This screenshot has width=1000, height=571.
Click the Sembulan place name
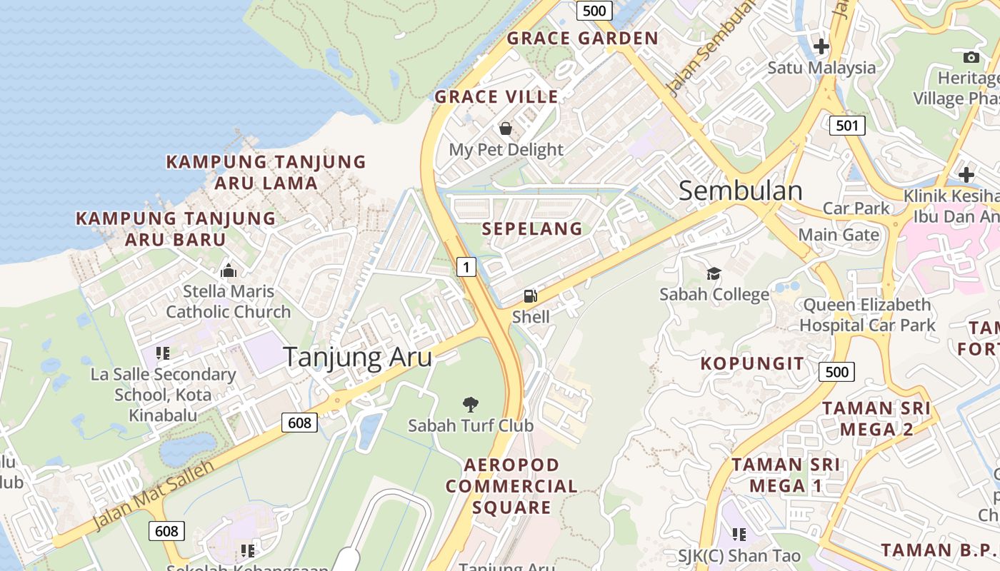pyautogui.click(x=740, y=191)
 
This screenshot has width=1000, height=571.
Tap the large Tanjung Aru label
pyautogui.click(x=358, y=357)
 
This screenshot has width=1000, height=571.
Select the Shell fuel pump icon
pyautogui.click(x=530, y=295)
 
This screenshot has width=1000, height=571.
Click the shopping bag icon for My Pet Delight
pyautogui.click(x=506, y=128)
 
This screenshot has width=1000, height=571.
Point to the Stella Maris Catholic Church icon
pyautogui.click(x=229, y=271)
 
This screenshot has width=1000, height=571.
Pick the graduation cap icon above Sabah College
pyautogui.click(x=714, y=273)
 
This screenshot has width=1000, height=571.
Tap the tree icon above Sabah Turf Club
pyautogui.click(x=470, y=405)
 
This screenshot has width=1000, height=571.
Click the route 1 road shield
pyautogui.click(x=466, y=267)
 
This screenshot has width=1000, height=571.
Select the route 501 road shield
pyautogui.click(x=847, y=126)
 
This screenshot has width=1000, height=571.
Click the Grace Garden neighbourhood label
pyautogui.click(x=582, y=39)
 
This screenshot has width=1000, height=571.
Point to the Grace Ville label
pyautogui.click(x=496, y=97)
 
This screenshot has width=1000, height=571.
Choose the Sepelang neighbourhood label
pyautogui.click(x=532, y=229)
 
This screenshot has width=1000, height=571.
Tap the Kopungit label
pyautogui.click(x=752, y=363)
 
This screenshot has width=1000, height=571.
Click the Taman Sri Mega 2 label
pyautogui.click(x=876, y=419)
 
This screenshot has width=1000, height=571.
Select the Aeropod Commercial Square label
pyautogui.click(x=511, y=486)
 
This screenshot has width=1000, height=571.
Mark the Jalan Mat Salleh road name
pyautogui.click(x=154, y=495)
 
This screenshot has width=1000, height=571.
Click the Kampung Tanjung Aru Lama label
pyautogui.click(x=266, y=172)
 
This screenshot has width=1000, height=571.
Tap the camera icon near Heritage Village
pyautogui.click(x=971, y=57)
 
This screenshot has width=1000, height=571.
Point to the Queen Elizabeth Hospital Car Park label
pyautogui.click(x=867, y=315)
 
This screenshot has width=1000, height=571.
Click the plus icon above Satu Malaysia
pyautogui.click(x=821, y=47)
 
